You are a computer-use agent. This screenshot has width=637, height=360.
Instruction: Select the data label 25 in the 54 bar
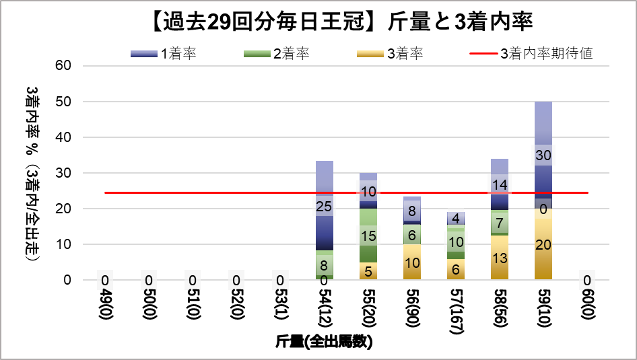click(x=324, y=207)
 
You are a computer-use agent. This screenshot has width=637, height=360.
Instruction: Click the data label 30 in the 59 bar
click(x=543, y=155)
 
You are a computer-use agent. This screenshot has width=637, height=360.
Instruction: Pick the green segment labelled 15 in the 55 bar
click(x=368, y=236)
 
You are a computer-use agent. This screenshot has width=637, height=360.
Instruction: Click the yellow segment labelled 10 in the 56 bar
click(x=411, y=262)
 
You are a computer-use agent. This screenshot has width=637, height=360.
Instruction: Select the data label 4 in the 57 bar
click(x=455, y=218)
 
